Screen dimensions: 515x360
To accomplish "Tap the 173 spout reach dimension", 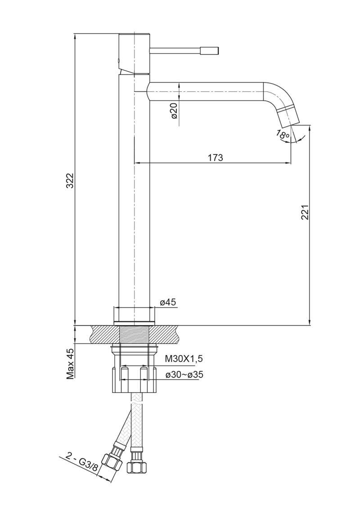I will tap(215, 158).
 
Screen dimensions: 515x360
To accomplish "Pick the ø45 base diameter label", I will tap(168, 303).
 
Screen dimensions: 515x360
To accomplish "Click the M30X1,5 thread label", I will tap(184, 359).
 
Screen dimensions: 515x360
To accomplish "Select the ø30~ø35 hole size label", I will tap(184, 374).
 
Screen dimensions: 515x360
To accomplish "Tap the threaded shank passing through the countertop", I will tap(135, 334).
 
